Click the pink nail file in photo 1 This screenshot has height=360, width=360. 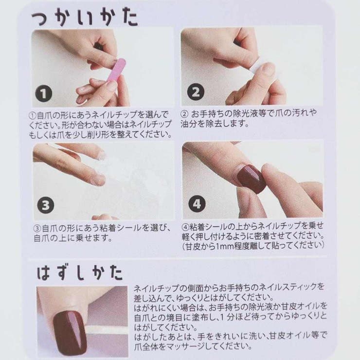[x=115, y=70]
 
